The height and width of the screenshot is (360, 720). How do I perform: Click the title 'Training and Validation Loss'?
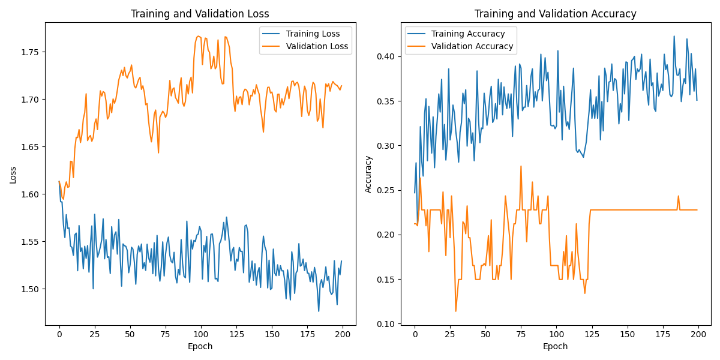pyautogui.click(x=200, y=14)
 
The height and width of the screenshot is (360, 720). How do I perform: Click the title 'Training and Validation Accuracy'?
pyautogui.click(x=555, y=14)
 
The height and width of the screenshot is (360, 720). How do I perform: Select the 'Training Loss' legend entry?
pyautogui.click(x=313, y=34)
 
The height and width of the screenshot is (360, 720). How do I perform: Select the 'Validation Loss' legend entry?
pyautogui.click(x=317, y=46)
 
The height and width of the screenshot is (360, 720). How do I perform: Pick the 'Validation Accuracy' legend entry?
pyautogui.click(x=472, y=46)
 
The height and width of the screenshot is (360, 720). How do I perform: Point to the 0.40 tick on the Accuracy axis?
pyautogui.click(x=386, y=56)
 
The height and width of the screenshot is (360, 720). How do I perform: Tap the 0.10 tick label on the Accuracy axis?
pyautogui.click(x=386, y=324)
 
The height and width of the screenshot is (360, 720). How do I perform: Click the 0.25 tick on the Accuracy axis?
pyautogui.click(x=386, y=190)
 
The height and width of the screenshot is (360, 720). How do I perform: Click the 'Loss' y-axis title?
pyautogui.click(x=13, y=175)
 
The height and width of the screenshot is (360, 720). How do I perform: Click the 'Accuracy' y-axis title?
pyautogui.click(x=368, y=175)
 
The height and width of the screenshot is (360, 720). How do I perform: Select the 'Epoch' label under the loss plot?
pyautogui.click(x=200, y=346)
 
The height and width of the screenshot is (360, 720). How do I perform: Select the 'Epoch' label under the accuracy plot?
pyautogui.click(x=555, y=346)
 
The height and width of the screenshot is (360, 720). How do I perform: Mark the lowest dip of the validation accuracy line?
pyautogui.click(x=455, y=311)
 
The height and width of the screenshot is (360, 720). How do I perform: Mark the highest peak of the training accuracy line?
pyautogui.click(x=674, y=36)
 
